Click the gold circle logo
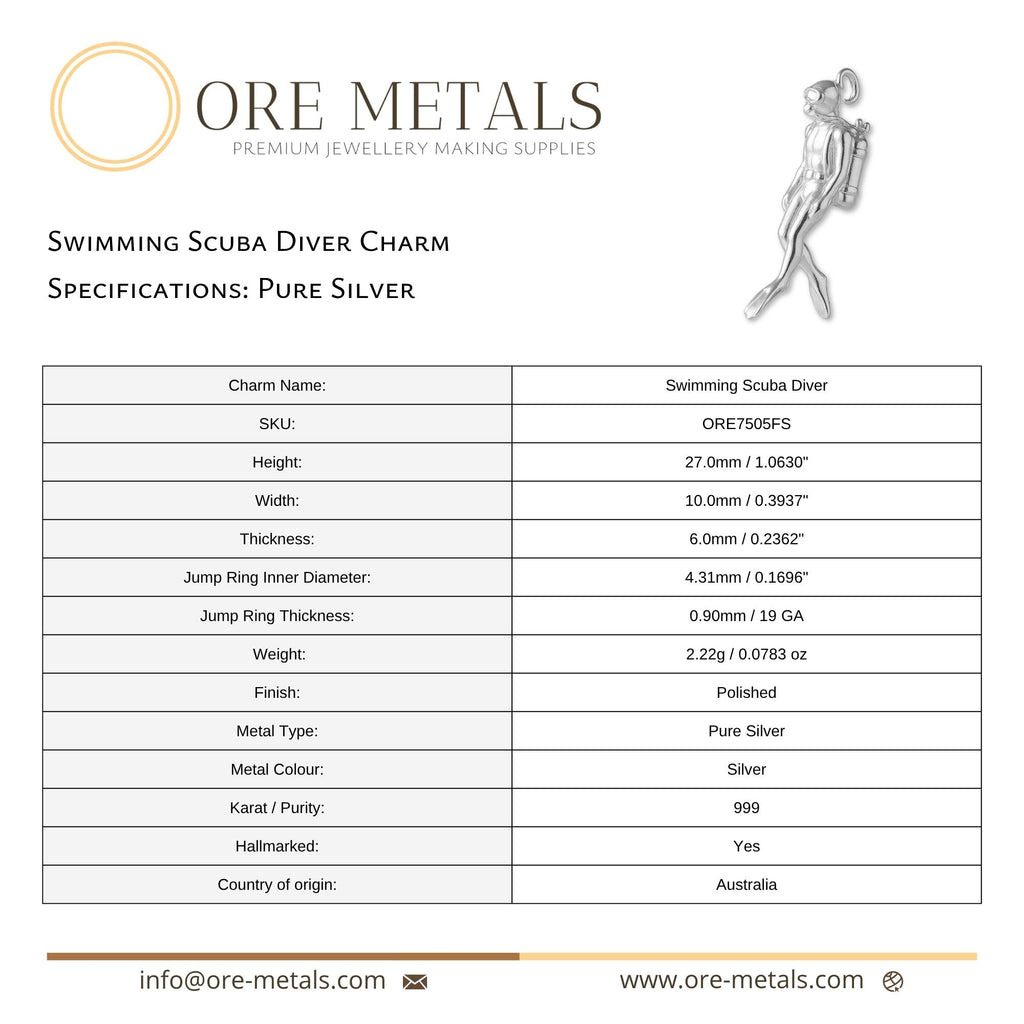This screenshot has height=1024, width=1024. coord(115,107)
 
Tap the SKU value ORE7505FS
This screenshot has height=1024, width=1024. coord(746,424)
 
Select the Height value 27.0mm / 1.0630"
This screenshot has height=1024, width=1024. coord(746,462)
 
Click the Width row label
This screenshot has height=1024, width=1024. coord(277,501)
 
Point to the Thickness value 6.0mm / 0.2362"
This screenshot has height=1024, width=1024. coord(746,539)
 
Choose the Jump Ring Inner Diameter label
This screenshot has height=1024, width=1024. coord(277,578)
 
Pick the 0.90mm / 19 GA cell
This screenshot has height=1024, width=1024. coord(746,616)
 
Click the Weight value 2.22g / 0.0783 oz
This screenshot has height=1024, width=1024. coord(746,655)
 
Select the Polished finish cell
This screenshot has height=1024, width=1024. coord(746,693)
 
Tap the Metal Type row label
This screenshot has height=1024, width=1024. coord(277,731)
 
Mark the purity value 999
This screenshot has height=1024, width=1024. coord(746,808)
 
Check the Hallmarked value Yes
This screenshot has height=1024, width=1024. coord(746,846)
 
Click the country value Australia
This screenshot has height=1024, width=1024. coord(746,885)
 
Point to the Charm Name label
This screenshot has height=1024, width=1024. coord(277,386)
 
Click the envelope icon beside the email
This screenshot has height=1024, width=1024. coord(415,982)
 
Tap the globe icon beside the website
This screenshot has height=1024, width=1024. coord(893,982)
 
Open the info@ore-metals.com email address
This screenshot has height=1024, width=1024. coord(262,981)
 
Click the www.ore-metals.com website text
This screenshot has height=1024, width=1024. coord(741,981)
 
